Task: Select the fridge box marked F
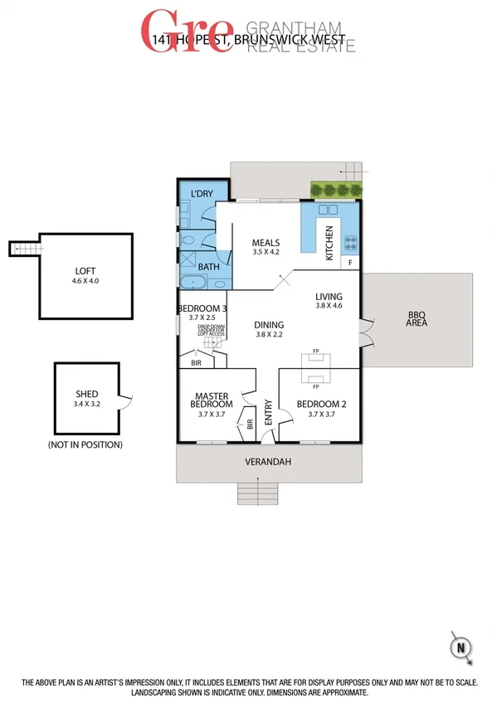(351, 262)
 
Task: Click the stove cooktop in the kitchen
(351, 242)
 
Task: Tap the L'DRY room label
(202, 194)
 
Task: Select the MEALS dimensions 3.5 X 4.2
(266, 252)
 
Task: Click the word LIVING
(329, 296)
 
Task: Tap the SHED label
(86, 394)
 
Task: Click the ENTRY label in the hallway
(268, 414)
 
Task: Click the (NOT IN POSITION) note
(86, 445)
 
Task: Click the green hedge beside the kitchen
(335, 191)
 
